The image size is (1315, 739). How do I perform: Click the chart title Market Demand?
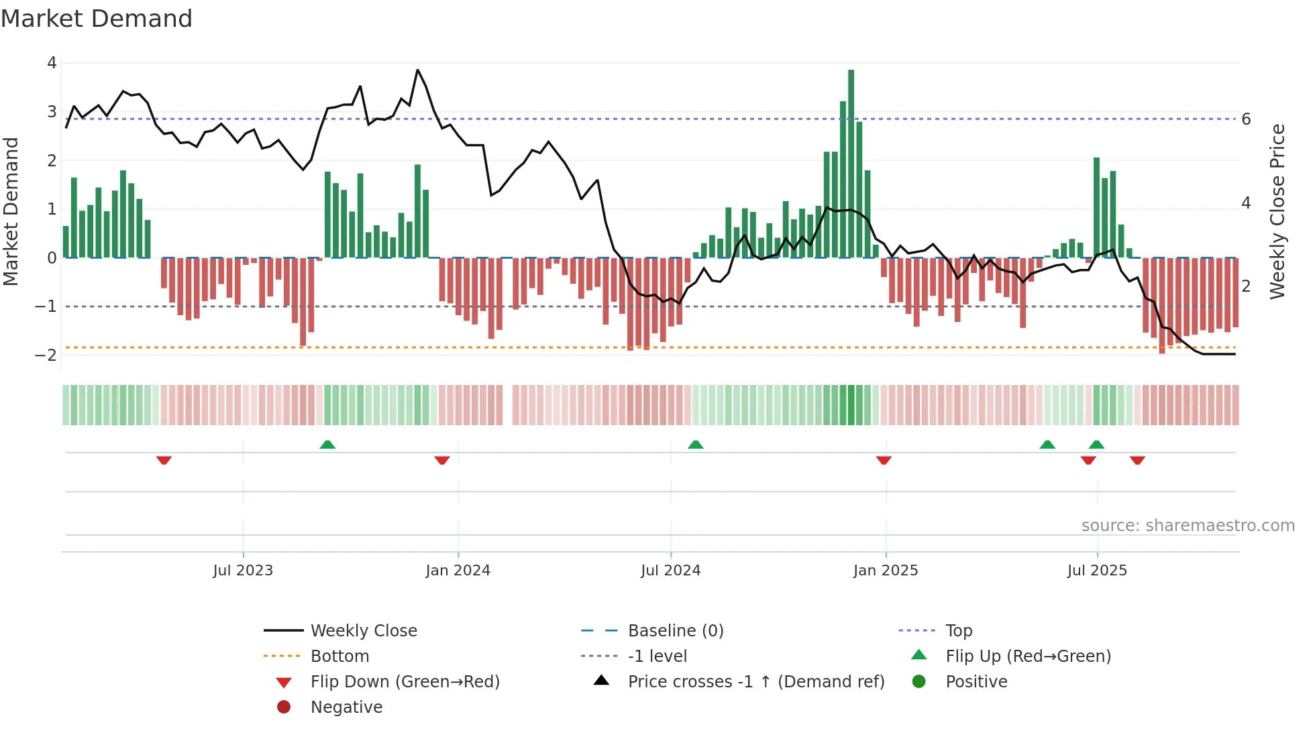[x=97, y=19]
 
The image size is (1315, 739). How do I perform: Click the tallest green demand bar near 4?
[x=851, y=161]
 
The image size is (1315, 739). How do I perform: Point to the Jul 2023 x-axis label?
[x=243, y=571]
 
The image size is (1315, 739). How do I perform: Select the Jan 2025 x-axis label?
[x=886, y=571]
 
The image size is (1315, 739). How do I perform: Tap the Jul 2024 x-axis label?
[x=670, y=571]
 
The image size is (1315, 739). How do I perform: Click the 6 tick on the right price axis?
[x=1246, y=119]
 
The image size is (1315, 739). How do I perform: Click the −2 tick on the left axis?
[x=46, y=355]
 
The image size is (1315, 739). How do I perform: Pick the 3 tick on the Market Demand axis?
[x=52, y=112]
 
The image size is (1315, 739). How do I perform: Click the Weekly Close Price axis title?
[x=1277, y=211]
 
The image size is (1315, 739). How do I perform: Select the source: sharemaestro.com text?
[x=1188, y=526]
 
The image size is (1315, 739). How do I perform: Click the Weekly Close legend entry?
[x=364, y=631]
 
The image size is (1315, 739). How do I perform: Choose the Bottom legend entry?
[x=339, y=657]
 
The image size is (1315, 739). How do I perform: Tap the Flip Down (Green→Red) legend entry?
[x=405, y=682]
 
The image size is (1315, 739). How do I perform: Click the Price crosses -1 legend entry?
[x=756, y=682]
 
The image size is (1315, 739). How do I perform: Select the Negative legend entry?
[x=346, y=707]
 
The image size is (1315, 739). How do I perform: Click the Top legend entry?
[x=959, y=631]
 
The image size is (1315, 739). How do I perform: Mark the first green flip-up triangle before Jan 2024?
[x=327, y=445]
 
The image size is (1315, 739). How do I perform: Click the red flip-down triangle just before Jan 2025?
[x=884, y=460]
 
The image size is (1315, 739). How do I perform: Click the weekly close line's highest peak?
[x=417, y=70]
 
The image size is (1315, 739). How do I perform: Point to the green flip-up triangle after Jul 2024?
[x=696, y=445]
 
